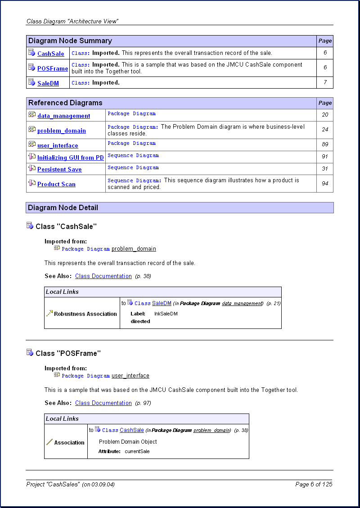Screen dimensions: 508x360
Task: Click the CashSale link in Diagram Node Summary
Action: click(x=50, y=54)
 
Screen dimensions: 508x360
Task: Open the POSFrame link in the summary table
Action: click(x=53, y=68)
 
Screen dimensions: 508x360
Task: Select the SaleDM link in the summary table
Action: click(x=48, y=83)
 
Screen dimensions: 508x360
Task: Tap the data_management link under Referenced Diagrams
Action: click(x=63, y=116)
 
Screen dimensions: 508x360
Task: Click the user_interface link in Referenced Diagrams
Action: click(x=58, y=145)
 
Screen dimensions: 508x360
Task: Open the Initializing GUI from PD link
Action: click(x=70, y=157)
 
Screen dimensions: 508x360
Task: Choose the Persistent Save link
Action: click(x=59, y=169)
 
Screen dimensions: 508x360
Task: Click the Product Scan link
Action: click(x=56, y=184)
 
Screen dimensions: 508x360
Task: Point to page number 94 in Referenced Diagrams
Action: click(x=325, y=184)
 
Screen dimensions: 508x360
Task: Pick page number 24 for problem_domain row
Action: click(x=325, y=130)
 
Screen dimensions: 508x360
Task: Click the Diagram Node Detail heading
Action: click(x=63, y=207)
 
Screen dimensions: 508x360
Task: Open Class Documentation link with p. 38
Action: click(x=103, y=276)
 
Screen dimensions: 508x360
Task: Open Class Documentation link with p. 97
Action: click(x=103, y=403)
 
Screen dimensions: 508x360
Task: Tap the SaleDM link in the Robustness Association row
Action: click(x=162, y=303)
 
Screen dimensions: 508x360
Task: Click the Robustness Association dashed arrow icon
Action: click(x=49, y=313)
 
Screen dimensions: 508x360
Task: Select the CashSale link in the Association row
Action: click(x=132, y=430)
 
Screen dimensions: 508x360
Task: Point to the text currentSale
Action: click(x=137, y=451)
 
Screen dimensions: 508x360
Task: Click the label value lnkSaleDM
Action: click(x=166, y=314)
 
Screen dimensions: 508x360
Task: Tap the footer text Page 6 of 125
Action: click(x=314, y=484)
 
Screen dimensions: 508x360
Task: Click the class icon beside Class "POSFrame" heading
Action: click(x=30, y=352)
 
